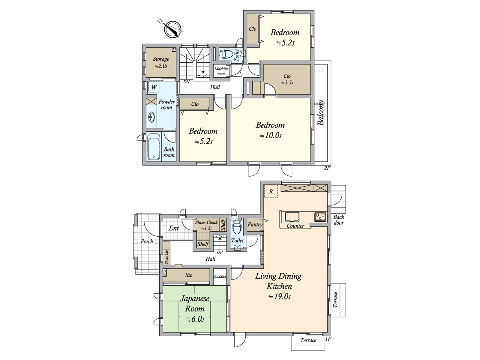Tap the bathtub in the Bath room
click(x=154, y=147)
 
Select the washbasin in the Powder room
click(x=151, y=117)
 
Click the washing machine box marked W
click(x=154, y=87)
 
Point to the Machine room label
click(x=221, y=71)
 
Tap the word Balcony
click(x=321, y=113)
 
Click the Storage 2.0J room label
click(x=161, y=62)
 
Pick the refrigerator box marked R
click(x=271, y=191)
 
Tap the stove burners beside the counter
click(x=320, y=217)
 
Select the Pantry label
click(x=255, y=224)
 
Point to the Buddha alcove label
click(x=220, y=277)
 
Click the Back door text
click(x=338, y=220)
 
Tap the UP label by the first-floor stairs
click(x=220, y=252)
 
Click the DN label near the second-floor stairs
click(x=186, y=82)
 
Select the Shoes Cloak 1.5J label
click(x=206, y=225)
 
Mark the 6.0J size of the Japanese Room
click(x=195, y=319)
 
